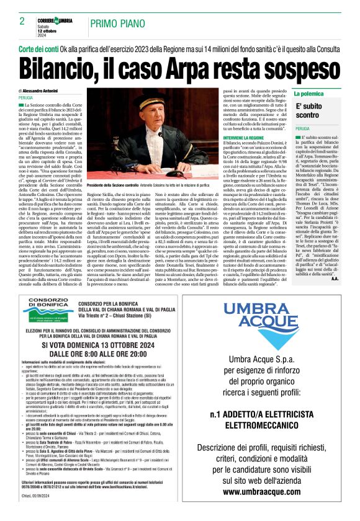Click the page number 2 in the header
(x=22, y=21)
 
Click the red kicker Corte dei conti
(x=40, y=48)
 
